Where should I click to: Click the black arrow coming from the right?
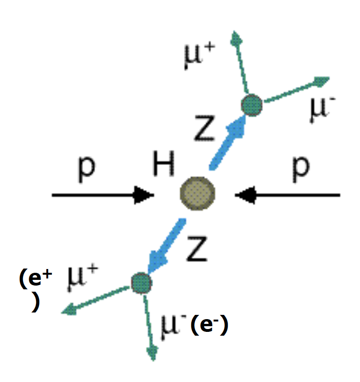click(288, 194)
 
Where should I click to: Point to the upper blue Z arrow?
click(227, 142)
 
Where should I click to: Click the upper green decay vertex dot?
click(251, 105)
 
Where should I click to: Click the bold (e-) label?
click(210, 326)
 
